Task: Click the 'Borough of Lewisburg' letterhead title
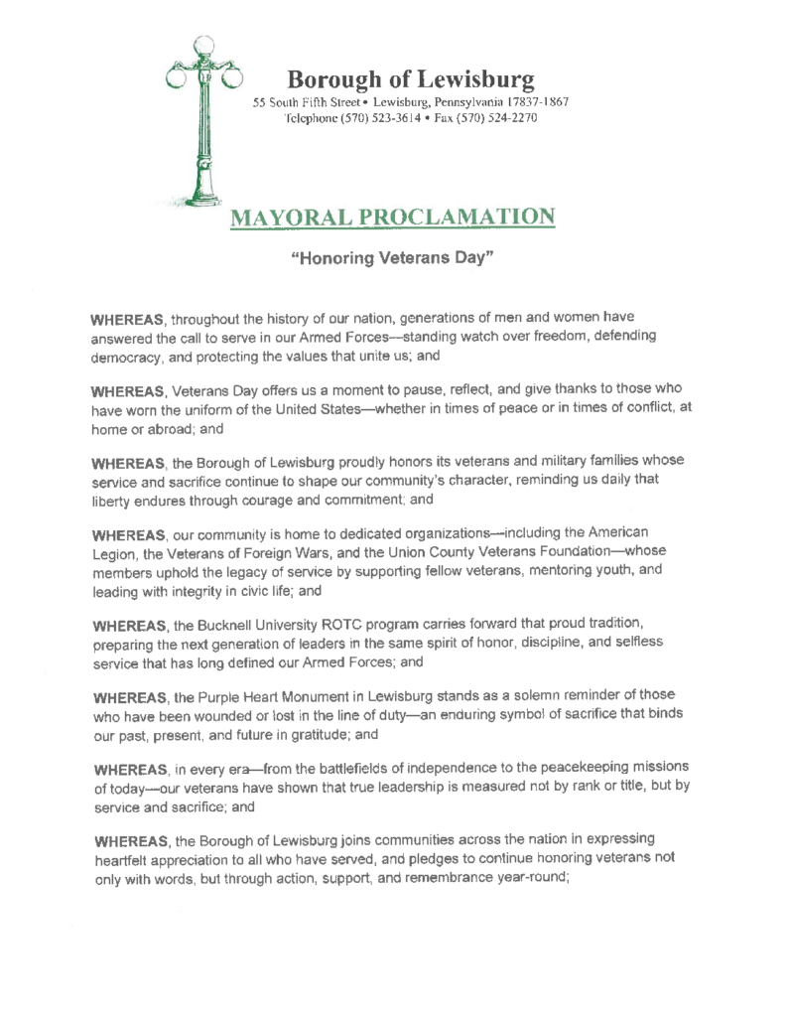[411, 78]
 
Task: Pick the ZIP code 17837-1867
[537, 102]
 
